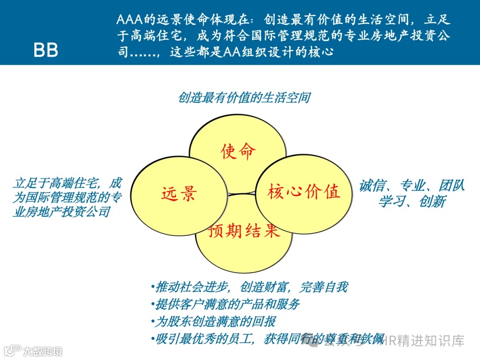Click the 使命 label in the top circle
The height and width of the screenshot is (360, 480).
(x=239, y=152)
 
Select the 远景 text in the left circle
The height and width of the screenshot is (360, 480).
(x=179, y=194)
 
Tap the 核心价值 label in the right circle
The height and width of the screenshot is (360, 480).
(x=304, y=192)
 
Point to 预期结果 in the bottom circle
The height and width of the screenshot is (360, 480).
(x=244, y=231)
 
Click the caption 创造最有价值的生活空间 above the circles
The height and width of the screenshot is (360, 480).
(x=244, y=98)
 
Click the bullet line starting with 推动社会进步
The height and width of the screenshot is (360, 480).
(x=249, y=287)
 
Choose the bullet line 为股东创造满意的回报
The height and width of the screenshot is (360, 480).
(x=215, y=322)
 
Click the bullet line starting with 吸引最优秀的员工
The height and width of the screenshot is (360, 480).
(x=267, y=339)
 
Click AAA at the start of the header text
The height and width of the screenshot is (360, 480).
(x=129, y=20)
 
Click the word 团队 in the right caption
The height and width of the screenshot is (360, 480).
(x=452, y=186)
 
